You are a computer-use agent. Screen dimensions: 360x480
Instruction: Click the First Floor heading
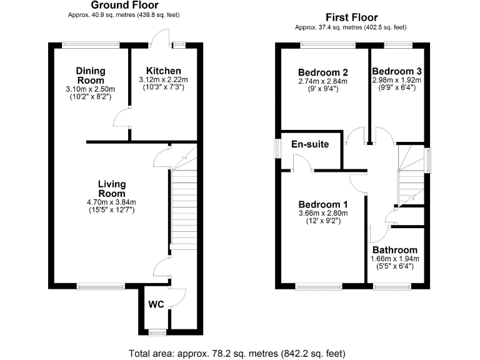[352, 17]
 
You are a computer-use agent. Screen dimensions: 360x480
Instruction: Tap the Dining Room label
[91, 76]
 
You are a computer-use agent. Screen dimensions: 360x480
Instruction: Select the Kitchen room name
[164, 71]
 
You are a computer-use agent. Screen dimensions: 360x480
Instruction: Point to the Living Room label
[112, 189]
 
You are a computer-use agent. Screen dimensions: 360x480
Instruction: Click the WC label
[156, 304]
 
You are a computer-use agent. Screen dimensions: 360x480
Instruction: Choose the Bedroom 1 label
[322, 204]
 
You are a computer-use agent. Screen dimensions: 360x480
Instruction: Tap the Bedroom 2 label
[322, 71]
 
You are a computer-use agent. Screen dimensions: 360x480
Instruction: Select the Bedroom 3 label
[397, 71]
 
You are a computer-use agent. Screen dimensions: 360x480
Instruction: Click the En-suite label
[311, 144]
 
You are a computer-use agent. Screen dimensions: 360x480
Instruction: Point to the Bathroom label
[395, 250]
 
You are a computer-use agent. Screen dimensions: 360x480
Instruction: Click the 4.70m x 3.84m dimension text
[112, 202]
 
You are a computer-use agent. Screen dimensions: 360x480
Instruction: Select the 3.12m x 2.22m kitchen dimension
[164, 80]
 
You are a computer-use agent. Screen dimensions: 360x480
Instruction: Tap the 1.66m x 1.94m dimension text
[395, 259]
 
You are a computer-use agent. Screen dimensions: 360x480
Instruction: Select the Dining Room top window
[91, 44]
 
